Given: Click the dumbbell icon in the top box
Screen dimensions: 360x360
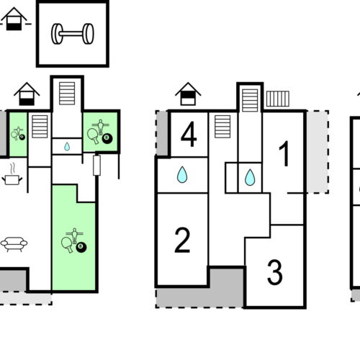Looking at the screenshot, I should pos(72,33).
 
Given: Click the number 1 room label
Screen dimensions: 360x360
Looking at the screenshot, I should pos(284,155).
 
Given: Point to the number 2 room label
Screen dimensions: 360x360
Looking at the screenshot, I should pos(182,240).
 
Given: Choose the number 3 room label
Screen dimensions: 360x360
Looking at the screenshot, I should pos(274,273).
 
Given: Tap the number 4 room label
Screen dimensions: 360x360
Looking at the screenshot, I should pos(189,135).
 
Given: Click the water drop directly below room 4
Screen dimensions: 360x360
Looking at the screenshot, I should pos(182,174).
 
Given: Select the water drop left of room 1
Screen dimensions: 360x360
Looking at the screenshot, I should pos(249,177).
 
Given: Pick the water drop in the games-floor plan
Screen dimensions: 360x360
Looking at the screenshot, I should pos(67,146).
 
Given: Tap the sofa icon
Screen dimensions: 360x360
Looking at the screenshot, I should pos(14,244).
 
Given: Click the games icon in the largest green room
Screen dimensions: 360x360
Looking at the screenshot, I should pos(73,241).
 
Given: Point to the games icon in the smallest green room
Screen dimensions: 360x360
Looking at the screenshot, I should pos(18,133).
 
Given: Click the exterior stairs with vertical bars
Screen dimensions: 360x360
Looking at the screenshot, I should pos(277,99).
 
